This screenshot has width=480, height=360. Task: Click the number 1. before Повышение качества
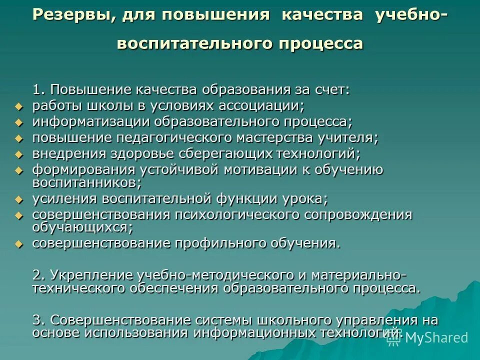[x=39, y=89]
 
